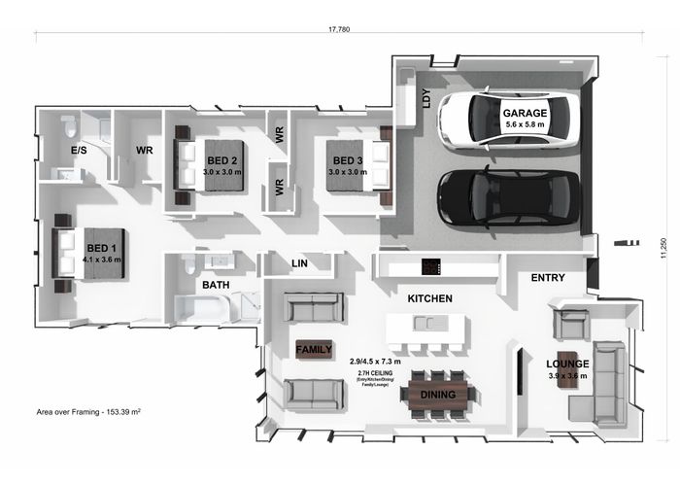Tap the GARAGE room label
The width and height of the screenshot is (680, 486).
click(x=525, y=113)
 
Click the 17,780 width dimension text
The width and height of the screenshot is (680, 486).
click(x=339, y=30)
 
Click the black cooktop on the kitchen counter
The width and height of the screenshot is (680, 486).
click(x=430, y=266)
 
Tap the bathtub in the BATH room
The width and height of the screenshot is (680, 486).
click(x=201, y=309)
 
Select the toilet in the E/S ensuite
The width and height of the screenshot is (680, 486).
click(x=68, y=127)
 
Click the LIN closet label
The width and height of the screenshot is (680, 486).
click(x=300, y=263)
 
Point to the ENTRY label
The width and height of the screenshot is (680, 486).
click(x=548, y=278)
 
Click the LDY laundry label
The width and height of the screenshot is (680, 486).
click(x=425, y=98)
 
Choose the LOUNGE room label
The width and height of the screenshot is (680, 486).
click(x=568, y=364)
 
